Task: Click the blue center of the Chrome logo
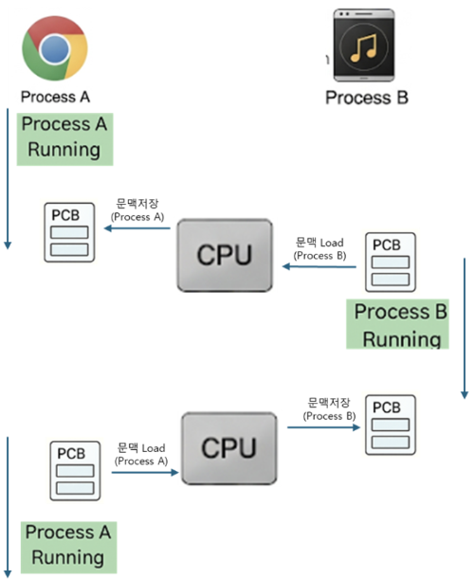pos(55,49)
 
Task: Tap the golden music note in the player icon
pos(364,47)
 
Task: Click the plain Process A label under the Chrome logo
pos(56,97)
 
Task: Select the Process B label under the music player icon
pos(367,98)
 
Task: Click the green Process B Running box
pos(397,324)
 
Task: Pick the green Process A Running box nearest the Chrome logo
pos(64,139)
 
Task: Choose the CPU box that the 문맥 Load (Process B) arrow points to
pos(225,255)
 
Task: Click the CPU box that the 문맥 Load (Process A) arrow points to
pos(229,448)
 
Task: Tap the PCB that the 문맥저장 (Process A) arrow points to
pos(69,232)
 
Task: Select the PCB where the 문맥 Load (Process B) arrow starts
pos(391,263)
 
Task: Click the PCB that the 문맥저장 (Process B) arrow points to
pos(391,425)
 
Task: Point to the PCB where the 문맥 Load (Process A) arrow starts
pos(75,471)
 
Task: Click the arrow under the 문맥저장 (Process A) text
pos(137,228)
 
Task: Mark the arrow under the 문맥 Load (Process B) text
pos(320,266)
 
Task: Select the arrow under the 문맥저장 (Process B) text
pos(323,427)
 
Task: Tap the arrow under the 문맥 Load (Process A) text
pos(145,472)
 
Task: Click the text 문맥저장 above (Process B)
pos(329,403)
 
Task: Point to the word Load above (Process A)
pos(154,448)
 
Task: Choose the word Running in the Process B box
pos(402,339)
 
